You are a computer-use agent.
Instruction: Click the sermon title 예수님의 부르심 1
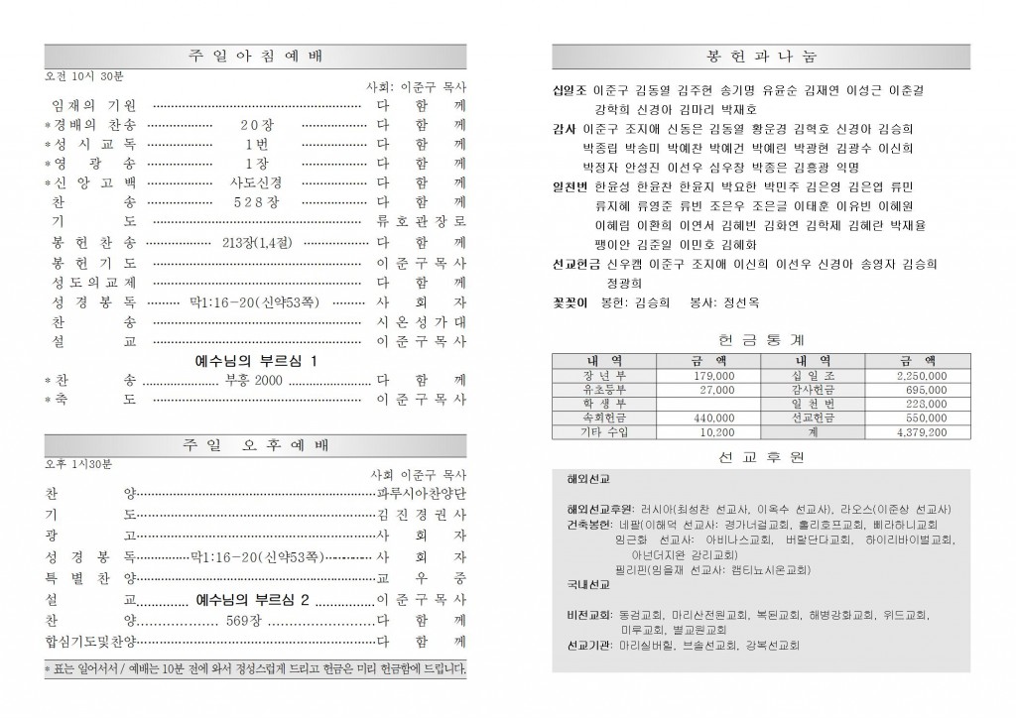tap(256, 362)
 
